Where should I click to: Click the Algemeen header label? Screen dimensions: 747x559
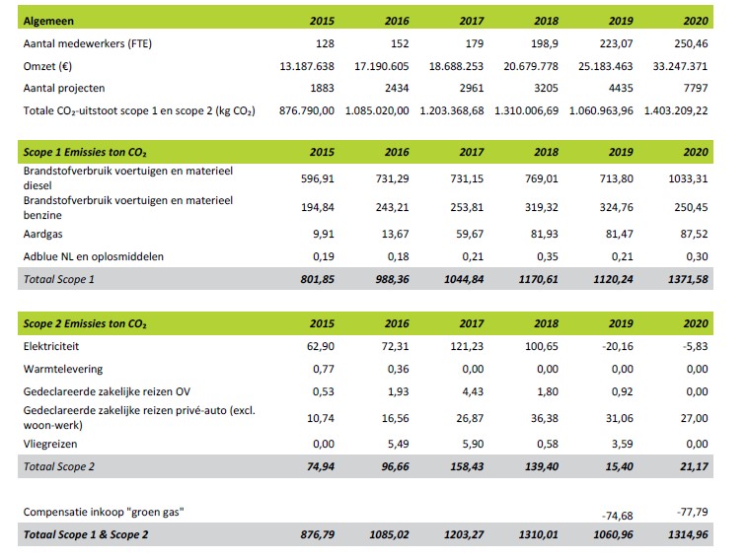(48, 21)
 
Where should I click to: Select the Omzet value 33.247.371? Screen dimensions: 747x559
(680, 66)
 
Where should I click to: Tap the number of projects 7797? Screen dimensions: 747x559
(696, 88)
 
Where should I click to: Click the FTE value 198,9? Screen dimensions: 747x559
(545, 43)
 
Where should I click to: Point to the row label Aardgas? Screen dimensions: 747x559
(42, 234)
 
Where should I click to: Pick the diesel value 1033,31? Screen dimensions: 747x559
(688, 178)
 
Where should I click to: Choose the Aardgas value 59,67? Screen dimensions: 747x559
(470, 234)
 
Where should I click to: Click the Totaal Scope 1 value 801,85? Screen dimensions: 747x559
(318, 279)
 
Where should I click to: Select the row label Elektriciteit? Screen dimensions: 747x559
(51, 346)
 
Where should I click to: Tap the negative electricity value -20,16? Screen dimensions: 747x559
(618, 346)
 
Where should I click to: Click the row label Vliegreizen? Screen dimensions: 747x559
(50, 444)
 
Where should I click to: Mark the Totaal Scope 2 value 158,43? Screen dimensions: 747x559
(467, 466)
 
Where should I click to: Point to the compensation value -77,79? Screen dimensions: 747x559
(692, 512)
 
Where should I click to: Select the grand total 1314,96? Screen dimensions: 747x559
(688, 534)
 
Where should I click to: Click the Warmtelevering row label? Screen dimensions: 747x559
(63, 369)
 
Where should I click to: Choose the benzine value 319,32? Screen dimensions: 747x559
(542, 207)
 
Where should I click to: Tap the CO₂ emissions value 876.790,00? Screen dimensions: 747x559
(307, 111)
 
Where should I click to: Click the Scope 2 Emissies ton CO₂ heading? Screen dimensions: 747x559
(85, 323)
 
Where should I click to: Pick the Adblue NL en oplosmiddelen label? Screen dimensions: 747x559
(94, 256)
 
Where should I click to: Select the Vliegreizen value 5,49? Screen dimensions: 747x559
(399, 444)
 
